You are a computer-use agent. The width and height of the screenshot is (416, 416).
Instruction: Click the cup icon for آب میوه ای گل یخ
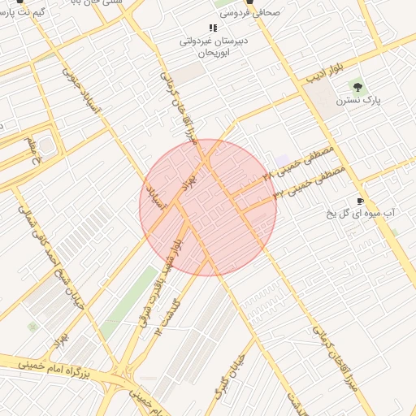pyautogui.click(x=360, y=201)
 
